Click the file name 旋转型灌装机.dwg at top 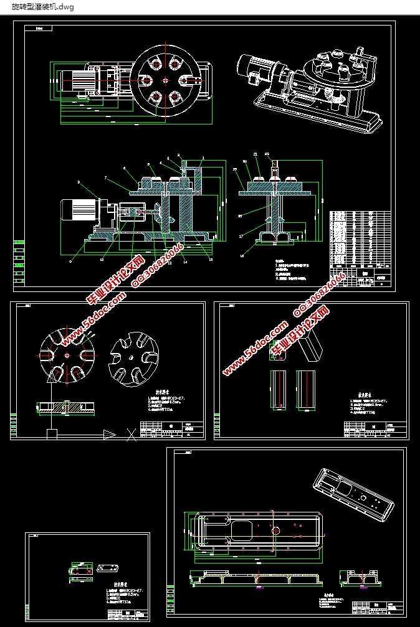point(42,6)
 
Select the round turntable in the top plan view point(165,80)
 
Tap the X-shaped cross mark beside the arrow point(131,435)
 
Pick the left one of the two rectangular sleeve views point(278,390)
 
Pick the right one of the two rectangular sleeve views point(305,390)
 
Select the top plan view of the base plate point(255,532)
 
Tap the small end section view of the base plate point(361,578)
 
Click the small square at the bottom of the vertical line point(52,433)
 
